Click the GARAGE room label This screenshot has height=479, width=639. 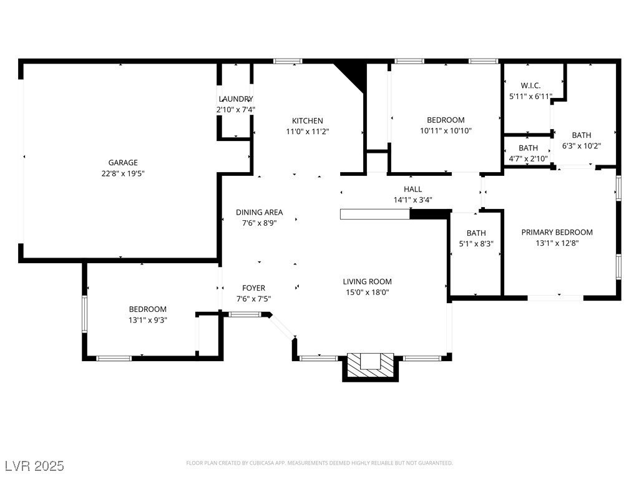(x=123, y=163)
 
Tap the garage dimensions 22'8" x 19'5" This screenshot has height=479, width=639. (x=123, y=173)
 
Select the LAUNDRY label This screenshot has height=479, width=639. (x=235, y=99)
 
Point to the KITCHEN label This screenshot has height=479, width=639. (x=307, y=121)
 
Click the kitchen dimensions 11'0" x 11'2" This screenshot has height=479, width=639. (x=307, y=132)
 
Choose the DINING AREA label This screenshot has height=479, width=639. (x=259, y=212)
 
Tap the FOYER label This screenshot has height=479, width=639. (x=253, y=288)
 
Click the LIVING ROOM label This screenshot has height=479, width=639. (x=367, y=281)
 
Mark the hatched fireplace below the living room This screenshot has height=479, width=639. (x=370, y=367)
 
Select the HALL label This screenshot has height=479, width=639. (x=413, y=189)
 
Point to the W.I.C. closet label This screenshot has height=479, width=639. (x=530, y=85)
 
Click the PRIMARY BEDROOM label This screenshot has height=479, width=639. (x=557, y=232)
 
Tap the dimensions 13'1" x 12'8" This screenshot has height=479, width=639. (x=557, y=243)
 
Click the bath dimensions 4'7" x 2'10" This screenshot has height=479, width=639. (x=528, y=158)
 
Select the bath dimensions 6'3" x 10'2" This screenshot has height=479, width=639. (x=582, y=146)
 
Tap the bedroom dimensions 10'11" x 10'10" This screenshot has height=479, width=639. (x=446, y=131)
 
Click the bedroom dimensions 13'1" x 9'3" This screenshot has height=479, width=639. (x=148, y=320)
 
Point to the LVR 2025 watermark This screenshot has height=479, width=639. (x=34, y=466)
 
